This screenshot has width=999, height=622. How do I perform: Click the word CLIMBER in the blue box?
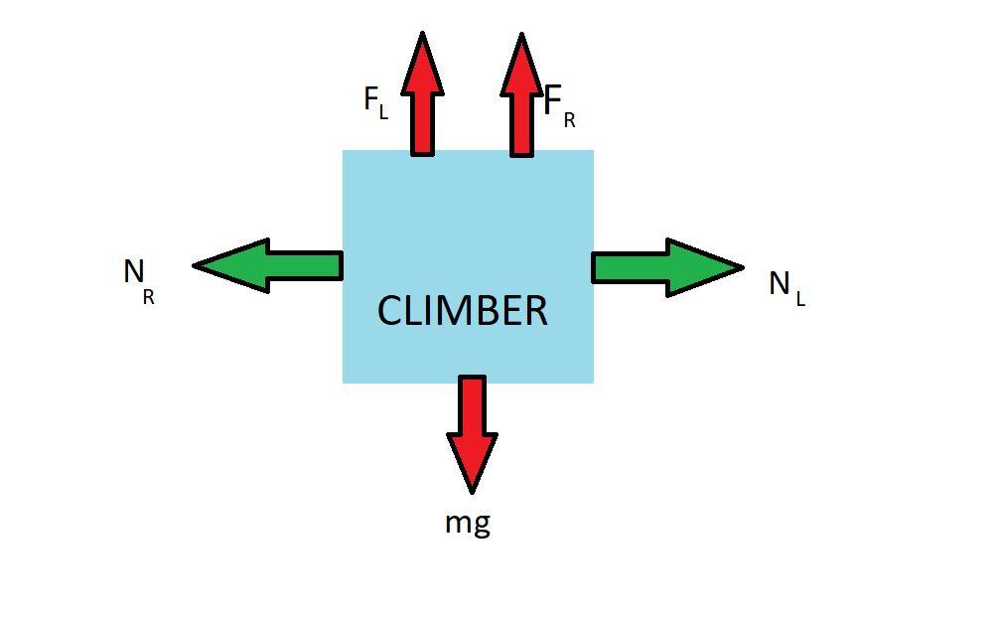point(462,311)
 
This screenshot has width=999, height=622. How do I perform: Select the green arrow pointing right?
point(666,266)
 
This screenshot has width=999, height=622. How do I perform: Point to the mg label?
point(468,522)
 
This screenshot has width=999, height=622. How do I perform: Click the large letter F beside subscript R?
point(554,100)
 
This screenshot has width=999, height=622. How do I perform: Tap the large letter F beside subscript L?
point(371,99)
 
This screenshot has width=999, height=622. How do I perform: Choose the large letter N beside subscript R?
point(134,270)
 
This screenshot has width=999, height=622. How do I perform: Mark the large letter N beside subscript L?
point(780,283)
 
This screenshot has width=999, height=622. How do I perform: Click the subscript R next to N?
point(149,296)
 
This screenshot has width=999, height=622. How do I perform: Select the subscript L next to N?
point(800,298)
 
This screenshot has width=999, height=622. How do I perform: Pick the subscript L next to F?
point(383,113)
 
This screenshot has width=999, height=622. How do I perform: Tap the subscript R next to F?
point(569,121)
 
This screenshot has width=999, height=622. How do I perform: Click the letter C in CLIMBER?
point(390,311)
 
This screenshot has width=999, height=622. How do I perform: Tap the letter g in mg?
point(481,525)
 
